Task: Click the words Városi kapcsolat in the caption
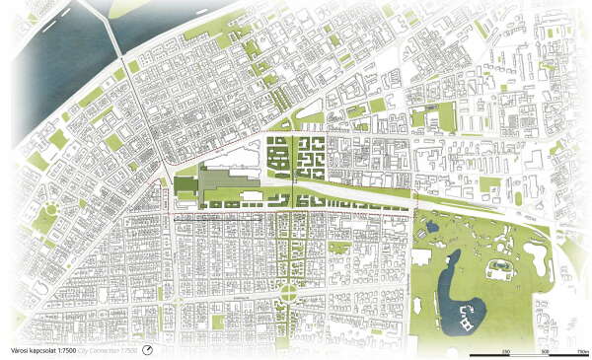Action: click(28, 349)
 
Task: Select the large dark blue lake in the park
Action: click(456, 295)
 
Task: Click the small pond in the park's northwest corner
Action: click(430, 228)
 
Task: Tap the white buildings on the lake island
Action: click(465, 317)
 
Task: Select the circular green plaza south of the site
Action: click(287, 292)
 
